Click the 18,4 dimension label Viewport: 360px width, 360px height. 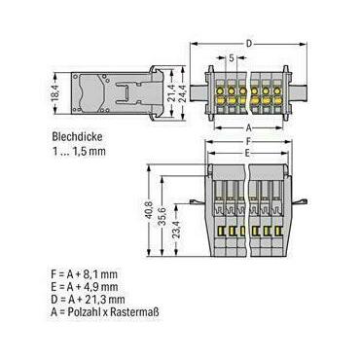pos(55,93)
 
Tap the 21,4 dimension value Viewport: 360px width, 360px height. pos(171,93)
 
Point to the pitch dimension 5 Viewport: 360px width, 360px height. pos(232,58)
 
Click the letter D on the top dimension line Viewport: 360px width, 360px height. pos(249,44)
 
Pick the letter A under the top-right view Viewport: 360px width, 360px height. pos(249,127)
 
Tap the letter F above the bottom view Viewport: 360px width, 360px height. pos(249,142)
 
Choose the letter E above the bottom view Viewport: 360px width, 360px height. pos(247,154)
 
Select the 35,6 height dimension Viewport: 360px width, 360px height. pos(164,216)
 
